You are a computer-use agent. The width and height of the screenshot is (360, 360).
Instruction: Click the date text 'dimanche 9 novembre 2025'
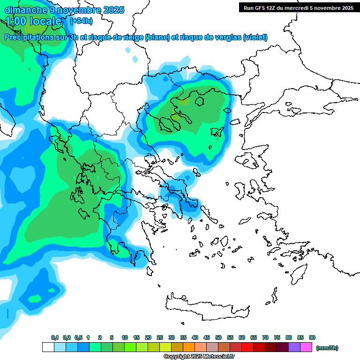coord(64,9)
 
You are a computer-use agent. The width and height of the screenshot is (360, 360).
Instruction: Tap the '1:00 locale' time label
coord(34,21)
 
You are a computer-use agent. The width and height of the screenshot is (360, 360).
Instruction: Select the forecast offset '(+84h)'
coord(81,21)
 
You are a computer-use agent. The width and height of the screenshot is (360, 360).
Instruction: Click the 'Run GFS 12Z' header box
coord(297,7)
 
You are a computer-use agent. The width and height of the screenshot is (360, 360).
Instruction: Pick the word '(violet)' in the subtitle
coord(255,37)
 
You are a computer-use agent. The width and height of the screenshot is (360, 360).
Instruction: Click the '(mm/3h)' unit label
coord(327,348)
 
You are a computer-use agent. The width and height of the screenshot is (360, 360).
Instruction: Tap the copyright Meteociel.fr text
coord(199,357)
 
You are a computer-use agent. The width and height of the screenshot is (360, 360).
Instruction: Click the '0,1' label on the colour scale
coord(55,337)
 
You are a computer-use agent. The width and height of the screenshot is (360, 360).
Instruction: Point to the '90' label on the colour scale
coord(312,337)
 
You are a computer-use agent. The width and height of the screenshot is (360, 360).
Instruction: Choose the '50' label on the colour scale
coord(218,337)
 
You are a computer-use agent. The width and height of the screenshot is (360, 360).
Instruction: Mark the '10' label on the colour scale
coord(125,337)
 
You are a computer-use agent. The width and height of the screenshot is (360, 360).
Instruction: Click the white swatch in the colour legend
coord(48,347)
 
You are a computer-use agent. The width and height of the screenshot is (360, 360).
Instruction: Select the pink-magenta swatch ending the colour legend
coord(306,347)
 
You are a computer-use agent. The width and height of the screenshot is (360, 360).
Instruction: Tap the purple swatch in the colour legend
coord(294,347)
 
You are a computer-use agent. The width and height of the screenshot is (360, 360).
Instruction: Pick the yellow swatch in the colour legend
coord(165,347)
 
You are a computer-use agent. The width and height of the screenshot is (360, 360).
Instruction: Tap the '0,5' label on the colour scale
coord(78,337)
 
